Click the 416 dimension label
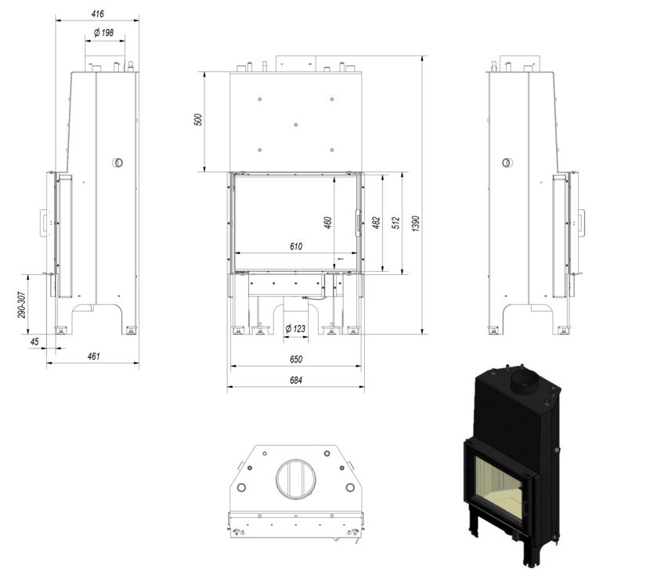click(x=98, y=14)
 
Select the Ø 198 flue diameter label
click(x=104, y=33)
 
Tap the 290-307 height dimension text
click(x=22, y=305)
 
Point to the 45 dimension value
click(x=34, y=342)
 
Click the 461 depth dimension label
click(x=94, y=356)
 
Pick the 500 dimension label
click(x=198, y=120)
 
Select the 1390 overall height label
click(x=416, y=223)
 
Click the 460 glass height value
click(x=328, y=222)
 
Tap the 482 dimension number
click(x=376, y=222)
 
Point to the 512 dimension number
click(x=396, y=222)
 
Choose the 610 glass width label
click(x=296, y=247)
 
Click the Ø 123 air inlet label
click(x=295, y=329)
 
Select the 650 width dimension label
click(x=296, y=360)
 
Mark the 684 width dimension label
click(x=296, y=380)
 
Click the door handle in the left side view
click(x=44, y=222)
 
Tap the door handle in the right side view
click(x=581, y=222)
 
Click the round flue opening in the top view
click(x=295, y=479)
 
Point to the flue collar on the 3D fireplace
click(x=524, y=381)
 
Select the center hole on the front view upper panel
click(x=295, y=125)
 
